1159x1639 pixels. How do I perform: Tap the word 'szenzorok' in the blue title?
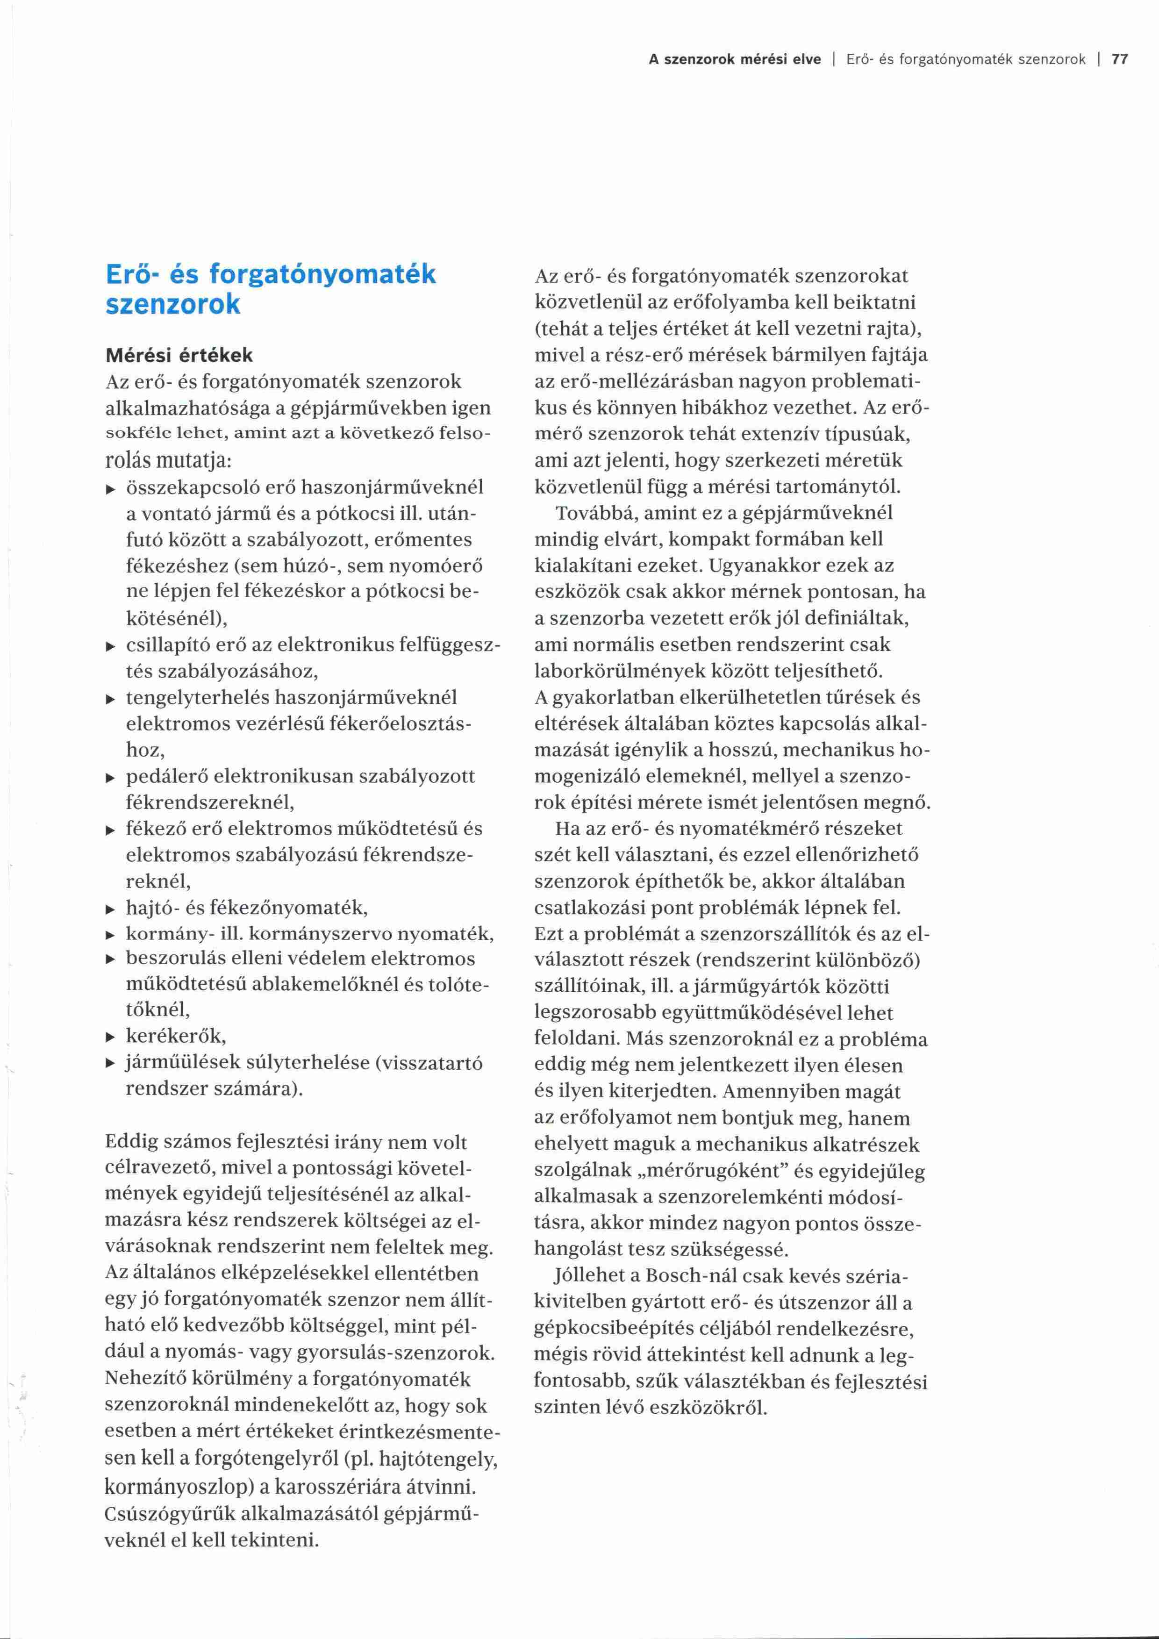173,305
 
